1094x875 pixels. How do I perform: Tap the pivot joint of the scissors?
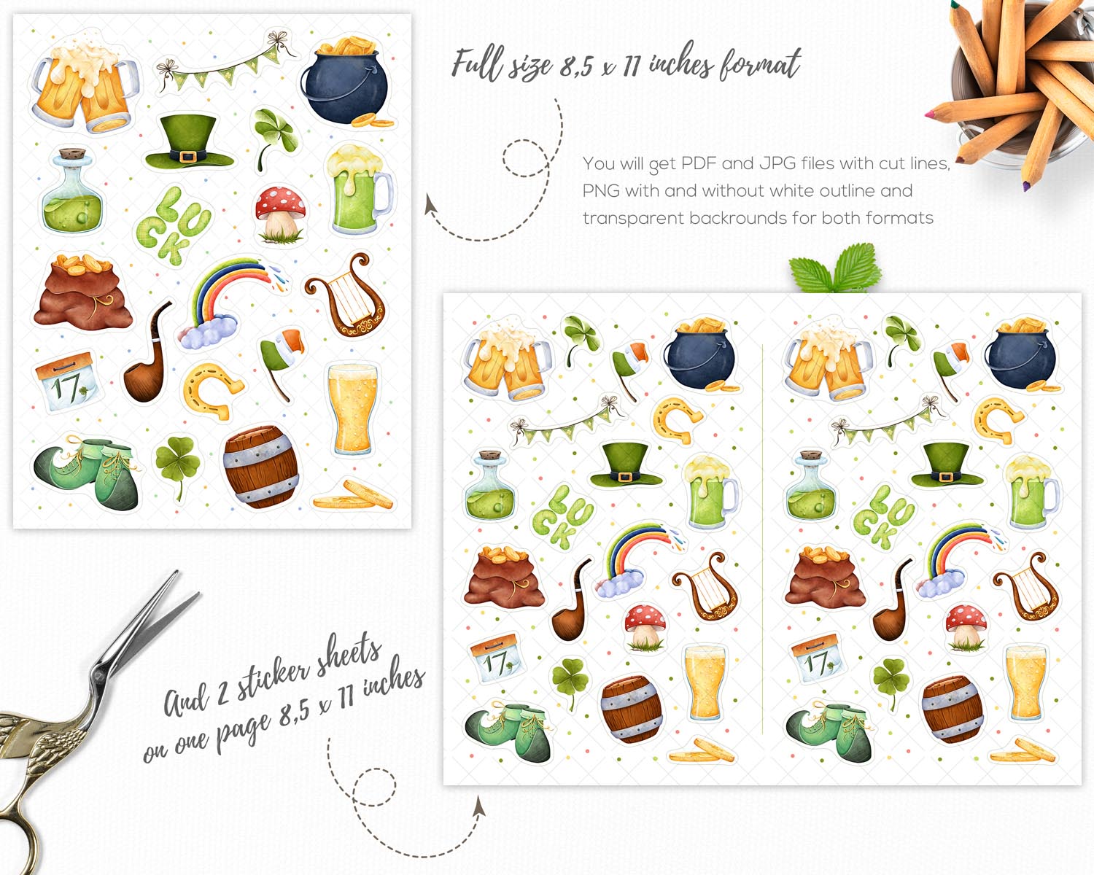coord(96,676)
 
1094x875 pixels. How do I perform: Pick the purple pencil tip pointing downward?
coord(1026,186)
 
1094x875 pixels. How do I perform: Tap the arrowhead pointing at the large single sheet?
coord(430,204)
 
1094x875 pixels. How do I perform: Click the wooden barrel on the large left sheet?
coord(261,467)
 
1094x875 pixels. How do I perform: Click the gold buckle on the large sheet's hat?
coord(187,156)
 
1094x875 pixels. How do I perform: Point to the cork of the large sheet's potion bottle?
coord(71,154)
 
